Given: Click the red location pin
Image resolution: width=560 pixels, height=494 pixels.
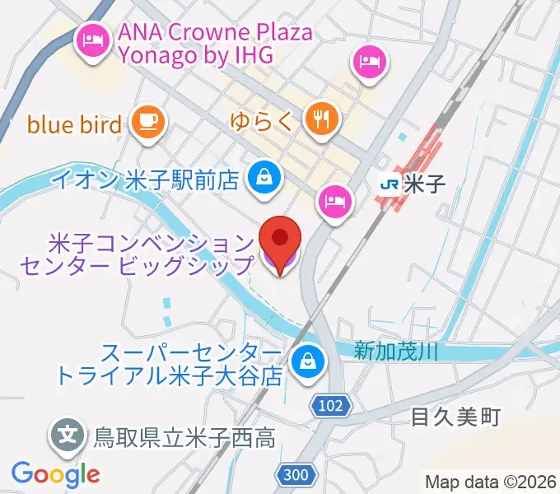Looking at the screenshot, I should tap(280, 239).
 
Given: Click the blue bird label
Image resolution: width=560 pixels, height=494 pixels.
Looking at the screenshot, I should tap(75, 124).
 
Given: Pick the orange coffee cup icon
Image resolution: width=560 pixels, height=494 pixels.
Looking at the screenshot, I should tap(149, 122).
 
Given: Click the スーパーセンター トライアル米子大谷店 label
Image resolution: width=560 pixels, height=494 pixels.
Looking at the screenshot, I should tap(169, 365).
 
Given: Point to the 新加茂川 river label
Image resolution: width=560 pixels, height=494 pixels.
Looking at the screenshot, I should tap(395, 351).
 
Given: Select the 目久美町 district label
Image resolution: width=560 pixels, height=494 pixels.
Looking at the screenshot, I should tap(455, 418).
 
